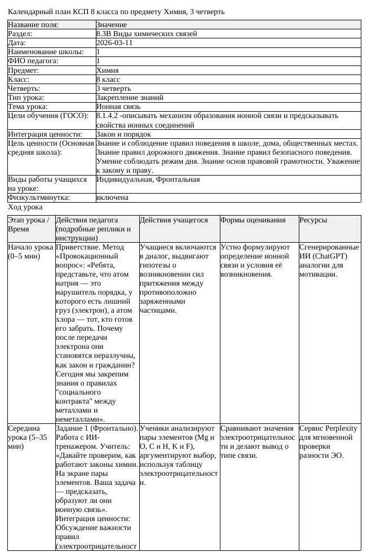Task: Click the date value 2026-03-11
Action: (x=114, y=43)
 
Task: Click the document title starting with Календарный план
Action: (x=116, y=11)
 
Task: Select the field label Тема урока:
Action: (x=27, y=106)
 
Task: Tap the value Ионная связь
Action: (x=118, y=106)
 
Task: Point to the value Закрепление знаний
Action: (x=130, y=97)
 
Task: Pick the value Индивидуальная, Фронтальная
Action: (x=148, y=180)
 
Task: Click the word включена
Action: (x=112, y=198)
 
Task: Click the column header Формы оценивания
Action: (x=253, y=220)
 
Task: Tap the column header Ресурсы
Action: (x=313, y=220)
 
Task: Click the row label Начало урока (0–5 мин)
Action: (x=30, y=252)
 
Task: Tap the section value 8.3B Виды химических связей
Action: (x=147, y=34)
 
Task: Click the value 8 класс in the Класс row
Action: (x=108, y=79)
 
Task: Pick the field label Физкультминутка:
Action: (x=38, y=198)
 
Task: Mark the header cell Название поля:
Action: (x=33, y=25)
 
